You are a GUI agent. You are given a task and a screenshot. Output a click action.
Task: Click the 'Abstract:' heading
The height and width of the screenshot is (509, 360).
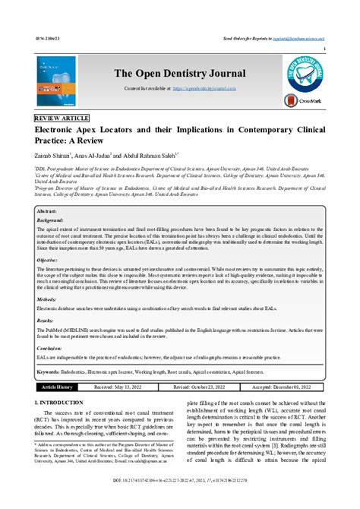coord(48,210)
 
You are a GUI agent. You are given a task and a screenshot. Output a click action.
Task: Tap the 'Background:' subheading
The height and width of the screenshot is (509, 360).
coord(50,220)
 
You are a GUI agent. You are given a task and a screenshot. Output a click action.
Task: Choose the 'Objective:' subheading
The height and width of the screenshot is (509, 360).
coord(48,260)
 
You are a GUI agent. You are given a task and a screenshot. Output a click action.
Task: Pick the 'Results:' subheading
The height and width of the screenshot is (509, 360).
coord(46,321)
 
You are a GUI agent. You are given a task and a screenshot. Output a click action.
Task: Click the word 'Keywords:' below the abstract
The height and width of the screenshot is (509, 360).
coord(52,372)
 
